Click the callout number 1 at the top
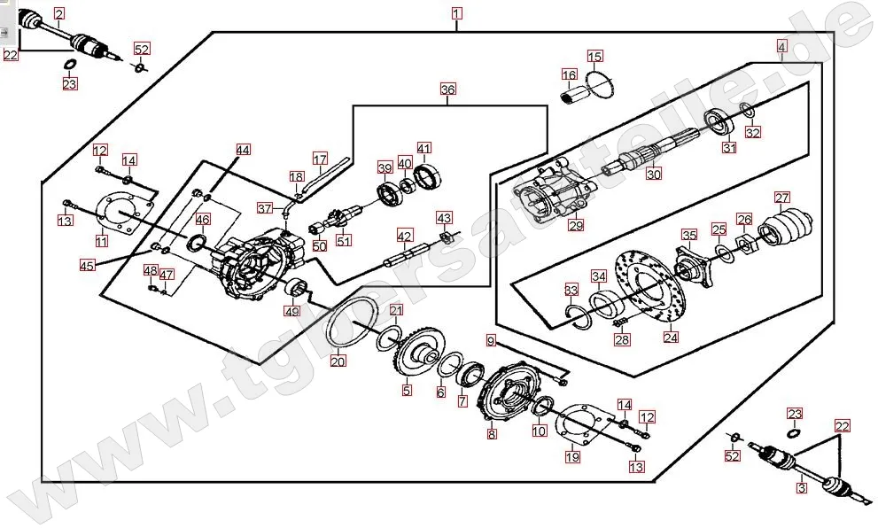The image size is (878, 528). tap(456, 13)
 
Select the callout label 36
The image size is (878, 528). tap(447, 89)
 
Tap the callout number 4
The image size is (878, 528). tap(781, 46)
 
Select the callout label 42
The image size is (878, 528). tap(404, 236)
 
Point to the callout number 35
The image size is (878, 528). tap(689, 234)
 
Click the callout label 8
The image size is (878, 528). tap(492, 434)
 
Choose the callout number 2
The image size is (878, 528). tap(59, 13)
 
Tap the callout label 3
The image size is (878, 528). tap(801, 487)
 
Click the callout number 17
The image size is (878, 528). tap(320, 159)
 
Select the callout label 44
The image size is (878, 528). tap(242, 151)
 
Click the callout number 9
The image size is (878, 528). tap(490, 340)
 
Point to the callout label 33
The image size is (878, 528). tap(571, 290)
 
